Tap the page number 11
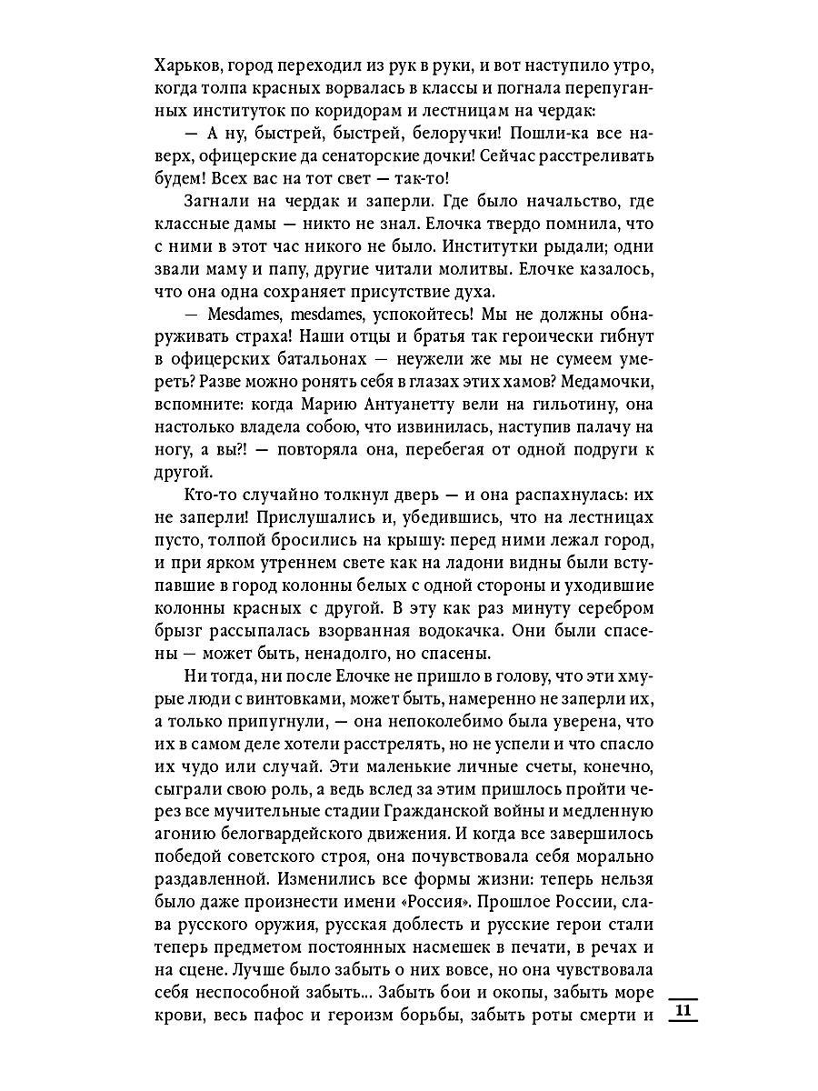(684, 1011)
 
